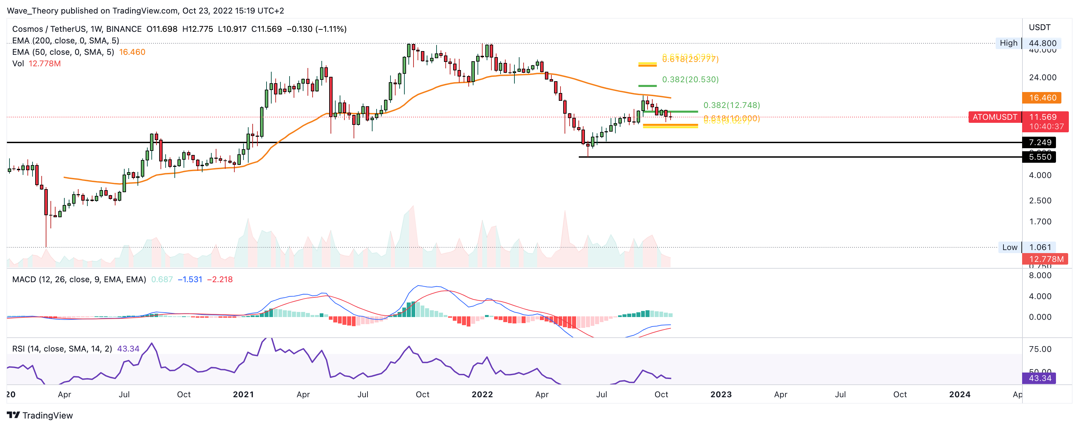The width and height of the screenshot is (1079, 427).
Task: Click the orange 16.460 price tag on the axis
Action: point(1042,97)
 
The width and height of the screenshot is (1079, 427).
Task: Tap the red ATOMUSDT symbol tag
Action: point(994,117)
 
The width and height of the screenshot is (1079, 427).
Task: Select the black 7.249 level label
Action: point(1040,142)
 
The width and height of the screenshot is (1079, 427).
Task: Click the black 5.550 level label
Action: point(1040,157)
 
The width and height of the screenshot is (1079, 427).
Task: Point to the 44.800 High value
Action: point(1042,43)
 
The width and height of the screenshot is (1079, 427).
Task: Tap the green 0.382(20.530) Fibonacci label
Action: point(690,80)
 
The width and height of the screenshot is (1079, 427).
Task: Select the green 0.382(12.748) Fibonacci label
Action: point(731,105)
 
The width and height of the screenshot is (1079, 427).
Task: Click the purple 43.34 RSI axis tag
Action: point(1040,378)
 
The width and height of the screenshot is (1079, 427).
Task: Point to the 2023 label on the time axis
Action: point(721,394)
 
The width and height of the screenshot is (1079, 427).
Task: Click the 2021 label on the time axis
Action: point(243,394)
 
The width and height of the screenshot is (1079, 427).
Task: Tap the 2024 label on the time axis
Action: point(959,394)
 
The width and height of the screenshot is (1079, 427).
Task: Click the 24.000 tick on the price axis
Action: point(1042,77)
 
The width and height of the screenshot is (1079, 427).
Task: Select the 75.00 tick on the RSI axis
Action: point(1040,349)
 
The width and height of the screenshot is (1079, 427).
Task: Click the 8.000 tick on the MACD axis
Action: point(1040,275)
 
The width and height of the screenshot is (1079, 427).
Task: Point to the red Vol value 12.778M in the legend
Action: point(44,64)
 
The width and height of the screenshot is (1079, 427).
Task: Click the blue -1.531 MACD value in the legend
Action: point(190,279)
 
